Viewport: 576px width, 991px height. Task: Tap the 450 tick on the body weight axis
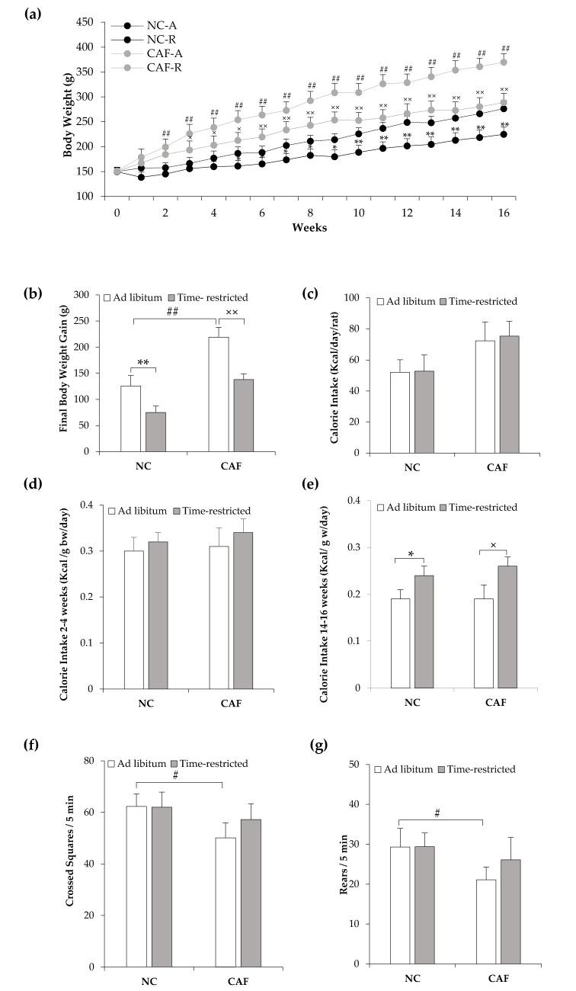coord(93,22)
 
